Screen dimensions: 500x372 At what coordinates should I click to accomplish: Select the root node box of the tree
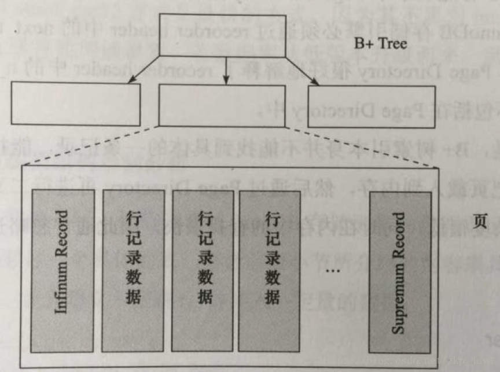tap(222, 35)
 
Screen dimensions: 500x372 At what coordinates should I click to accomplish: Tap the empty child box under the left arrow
tap(75, 104)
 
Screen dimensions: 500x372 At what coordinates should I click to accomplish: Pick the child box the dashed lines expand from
tap(222, 106)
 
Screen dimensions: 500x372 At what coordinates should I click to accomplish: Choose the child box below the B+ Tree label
tap(372, 106)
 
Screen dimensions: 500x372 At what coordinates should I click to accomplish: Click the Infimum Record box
tap(62, 270)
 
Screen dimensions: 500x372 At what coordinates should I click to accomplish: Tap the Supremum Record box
tap(399, 271)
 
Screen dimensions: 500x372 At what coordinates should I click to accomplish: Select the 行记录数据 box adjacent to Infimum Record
tap(133, 270)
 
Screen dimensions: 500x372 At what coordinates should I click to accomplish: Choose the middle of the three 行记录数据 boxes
tap(203, 270)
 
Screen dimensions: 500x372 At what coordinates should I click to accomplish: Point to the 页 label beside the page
tap(478, 223)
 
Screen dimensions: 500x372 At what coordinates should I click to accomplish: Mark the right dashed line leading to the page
tap(359, 146)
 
